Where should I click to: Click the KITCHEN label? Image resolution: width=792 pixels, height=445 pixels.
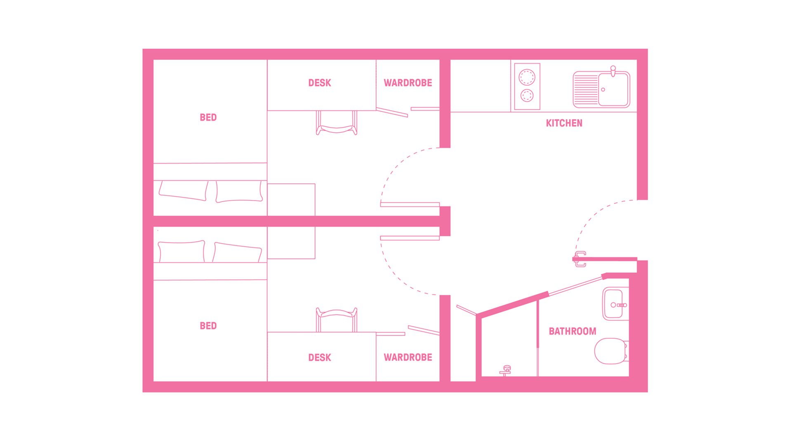click(x=564, y=123)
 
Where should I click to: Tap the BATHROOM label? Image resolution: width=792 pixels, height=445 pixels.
click(x=572, y=331)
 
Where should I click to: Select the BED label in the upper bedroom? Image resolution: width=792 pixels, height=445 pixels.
click(x=208, y=117)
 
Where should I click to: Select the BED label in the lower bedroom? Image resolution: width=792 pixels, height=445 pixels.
click(x=208, y=326)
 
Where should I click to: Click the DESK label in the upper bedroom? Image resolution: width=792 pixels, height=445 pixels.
click(x=320, y=83)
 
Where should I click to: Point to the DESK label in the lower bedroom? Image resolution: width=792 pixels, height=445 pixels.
click(x=320, y=358)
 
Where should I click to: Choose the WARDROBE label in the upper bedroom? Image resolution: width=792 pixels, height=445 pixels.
click(x=408, y=83)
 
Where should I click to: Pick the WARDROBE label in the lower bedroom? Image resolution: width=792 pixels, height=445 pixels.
click(x=408, y=358)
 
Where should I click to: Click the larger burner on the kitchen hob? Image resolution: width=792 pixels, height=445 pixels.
click(x=527, y=77)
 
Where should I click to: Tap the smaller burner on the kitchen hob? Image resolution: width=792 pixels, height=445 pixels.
click(x=527, y=96)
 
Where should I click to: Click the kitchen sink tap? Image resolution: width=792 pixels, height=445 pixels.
click(x=613, y=71)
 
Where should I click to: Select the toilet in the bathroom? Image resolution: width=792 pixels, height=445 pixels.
click(x=610, y=351)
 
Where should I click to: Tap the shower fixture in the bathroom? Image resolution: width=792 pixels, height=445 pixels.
click(x=506, y=370)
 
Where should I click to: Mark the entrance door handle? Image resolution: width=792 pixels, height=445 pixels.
click(x=580, y=259)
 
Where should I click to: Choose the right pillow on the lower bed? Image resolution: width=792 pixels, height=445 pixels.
click(x=237, y=252)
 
